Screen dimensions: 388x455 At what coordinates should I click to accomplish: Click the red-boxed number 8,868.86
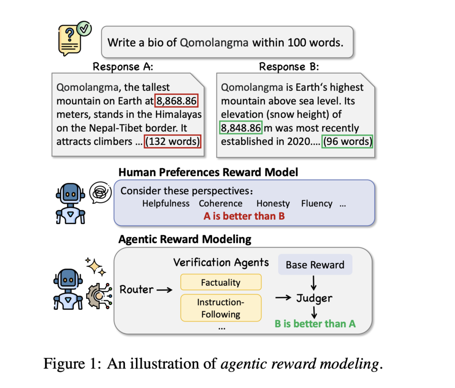pos(176,101)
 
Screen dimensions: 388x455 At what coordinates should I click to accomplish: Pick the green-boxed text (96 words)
pos(347,141)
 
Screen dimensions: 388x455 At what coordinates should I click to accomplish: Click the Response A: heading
pos(123,67)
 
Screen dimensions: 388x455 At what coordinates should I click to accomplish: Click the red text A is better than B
pos(244,216)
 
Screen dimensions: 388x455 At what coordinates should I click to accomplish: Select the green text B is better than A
pos(315,323)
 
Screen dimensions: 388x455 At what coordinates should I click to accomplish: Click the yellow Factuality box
pos(220,282)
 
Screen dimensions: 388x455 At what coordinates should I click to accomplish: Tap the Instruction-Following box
pos(220,308)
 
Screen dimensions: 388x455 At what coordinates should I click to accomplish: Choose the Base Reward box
pos(315,265)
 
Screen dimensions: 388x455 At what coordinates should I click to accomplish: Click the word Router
pos(136,290)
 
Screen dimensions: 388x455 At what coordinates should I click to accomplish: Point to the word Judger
pos(315,298)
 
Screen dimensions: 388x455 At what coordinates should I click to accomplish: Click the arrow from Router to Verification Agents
pos(164,290)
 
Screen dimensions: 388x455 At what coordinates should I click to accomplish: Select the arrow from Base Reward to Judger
pos(315,282)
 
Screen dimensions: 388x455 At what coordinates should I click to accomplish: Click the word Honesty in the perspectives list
pos(273,204)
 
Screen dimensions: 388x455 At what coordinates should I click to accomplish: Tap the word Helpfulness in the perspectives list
pos(166,204)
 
